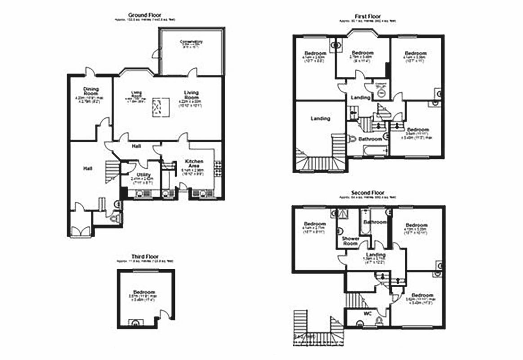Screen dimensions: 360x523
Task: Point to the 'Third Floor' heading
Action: (145, 256)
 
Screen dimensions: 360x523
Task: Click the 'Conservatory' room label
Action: (192, 42)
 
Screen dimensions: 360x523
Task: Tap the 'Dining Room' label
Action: (91, 91)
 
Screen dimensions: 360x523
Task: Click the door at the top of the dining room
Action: (90, 71)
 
